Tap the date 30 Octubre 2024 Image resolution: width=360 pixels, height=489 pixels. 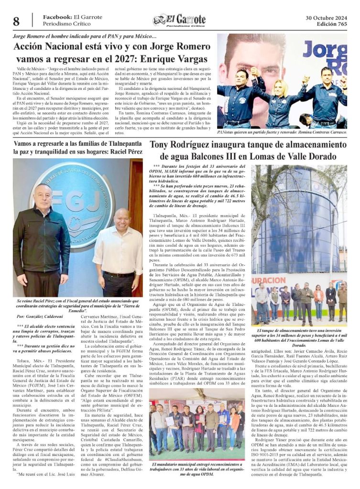pyautogui.click(x=327, y=18)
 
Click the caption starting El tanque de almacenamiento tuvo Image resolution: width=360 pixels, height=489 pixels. pyautogui.click(x=299, y=337)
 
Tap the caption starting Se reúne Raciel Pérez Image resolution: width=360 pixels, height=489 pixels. pyautogui.click(x=77, y=304)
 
